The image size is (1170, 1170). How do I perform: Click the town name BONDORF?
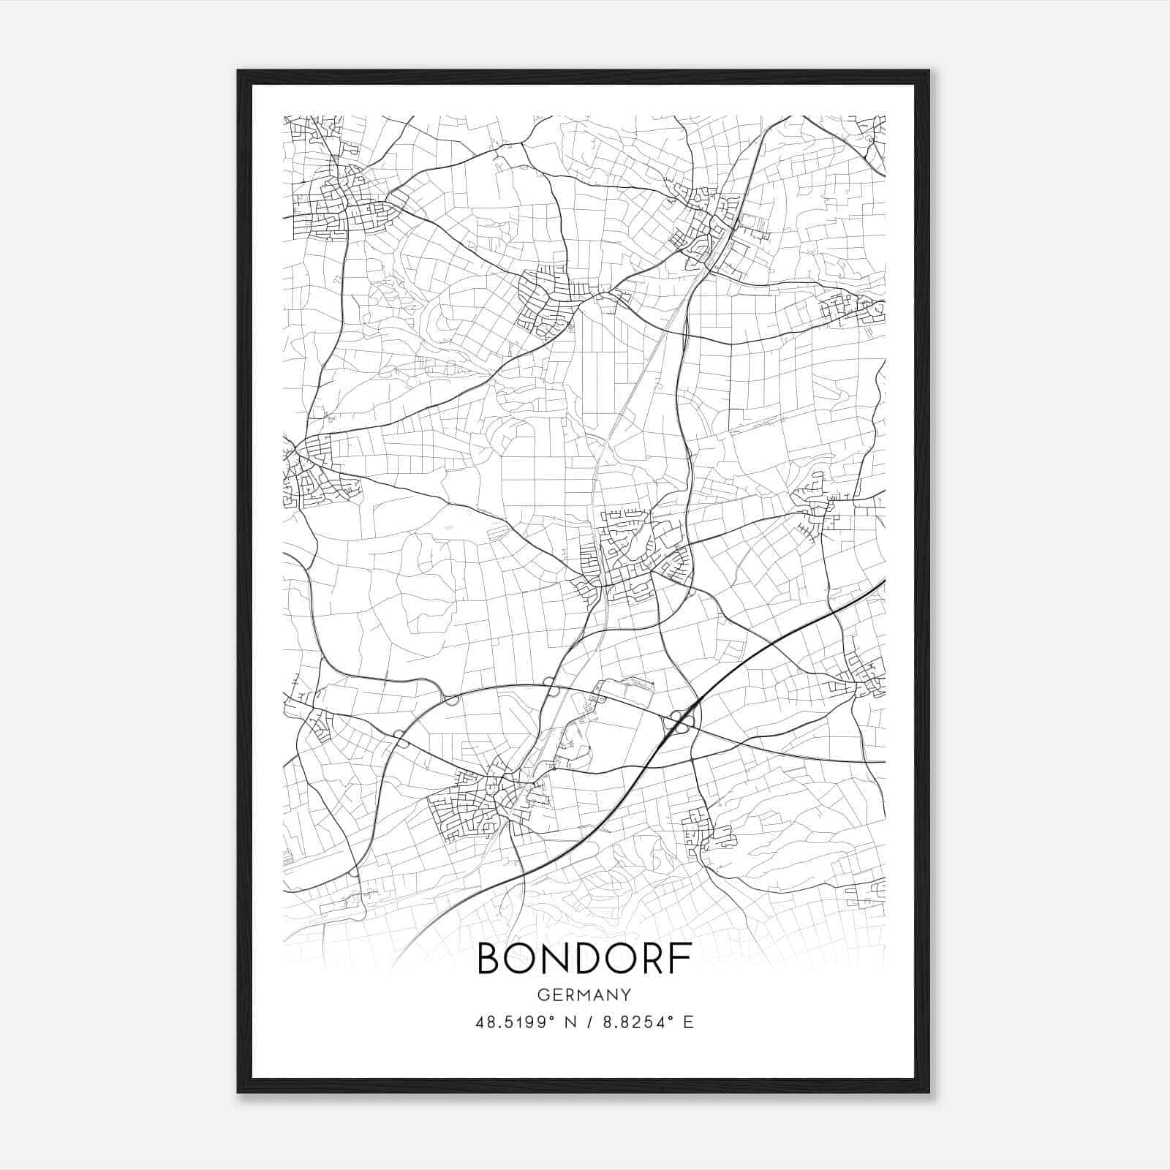tap(585, 959)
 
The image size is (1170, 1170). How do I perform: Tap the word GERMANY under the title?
tap(584, 995)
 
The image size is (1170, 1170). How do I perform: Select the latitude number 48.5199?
tap(509, 1022)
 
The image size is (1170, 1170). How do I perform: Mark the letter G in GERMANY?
tap(543, 995)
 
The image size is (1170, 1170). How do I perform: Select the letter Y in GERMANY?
tap(626, 995)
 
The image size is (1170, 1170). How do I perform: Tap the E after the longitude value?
tap(688, 1022)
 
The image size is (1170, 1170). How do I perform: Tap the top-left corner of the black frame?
tap(239, 72)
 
